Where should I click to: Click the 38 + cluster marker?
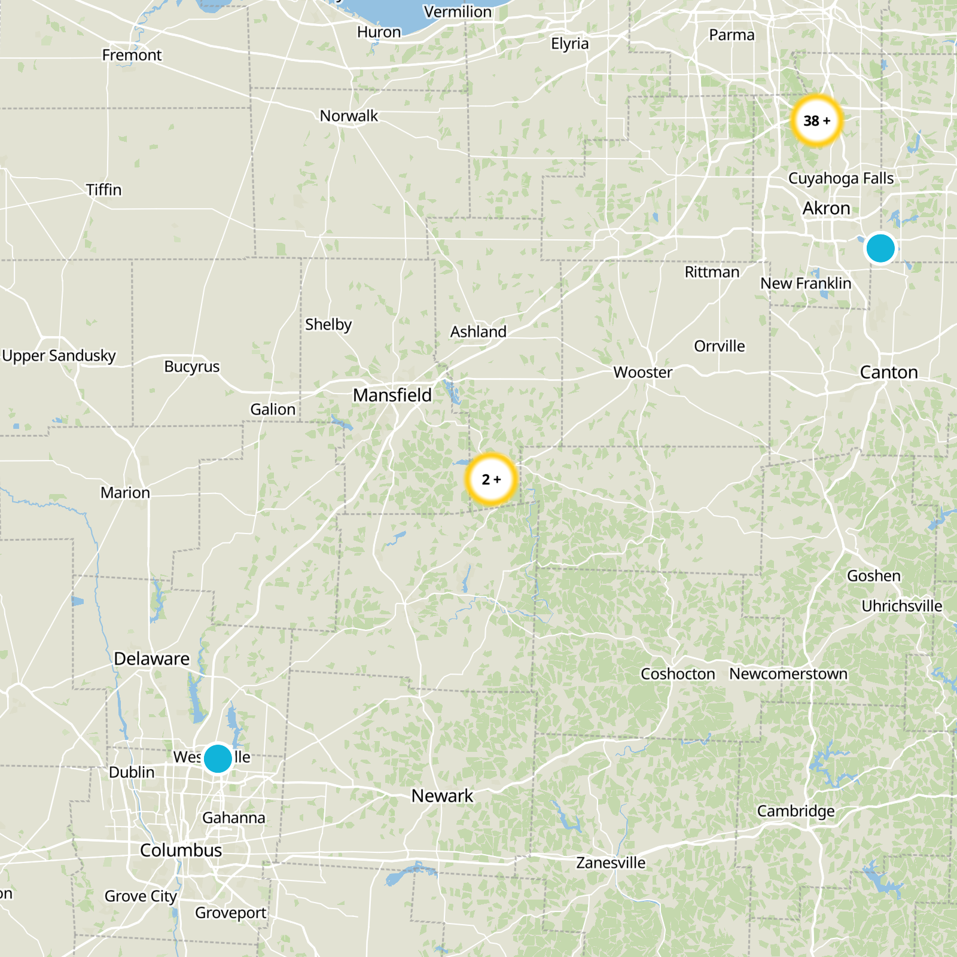click(x=816, y=121)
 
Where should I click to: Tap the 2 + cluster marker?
click(x=491, y=479)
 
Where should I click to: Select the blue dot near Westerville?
click(x=218, y=758)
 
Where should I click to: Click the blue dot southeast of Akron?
click(x=880, y=248)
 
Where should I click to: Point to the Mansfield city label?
click(x=392, y=395)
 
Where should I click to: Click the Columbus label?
click(x=181, y=850)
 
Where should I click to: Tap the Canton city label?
click(x=889, y=372)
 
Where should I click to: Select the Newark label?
click(x=442, y=796)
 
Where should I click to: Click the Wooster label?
click(x=643, y=372)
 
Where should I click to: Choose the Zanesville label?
click(x=611, y=862)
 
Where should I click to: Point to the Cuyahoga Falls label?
click(x=841, y=178)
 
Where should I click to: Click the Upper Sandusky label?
click(x=59, y=355)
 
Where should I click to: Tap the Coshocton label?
click(x=678, y=674)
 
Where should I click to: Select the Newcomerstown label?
click(x=788, y=674)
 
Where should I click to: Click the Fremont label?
click(x=132, y=55)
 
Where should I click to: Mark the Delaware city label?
click(x=151, y=659)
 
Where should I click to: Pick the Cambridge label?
click(x=796, y=811)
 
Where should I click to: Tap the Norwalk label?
click(x=349, y=116)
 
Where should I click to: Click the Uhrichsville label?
click(x=901, y=606)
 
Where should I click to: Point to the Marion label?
click(x=125, y=492)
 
